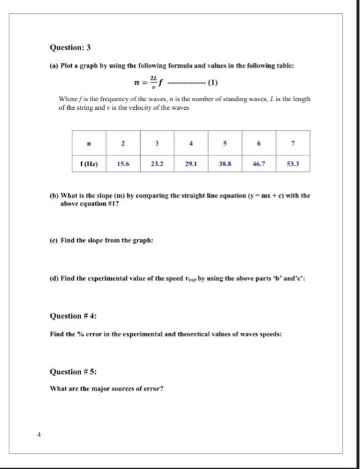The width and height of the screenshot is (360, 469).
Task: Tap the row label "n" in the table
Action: [x=88, y=143]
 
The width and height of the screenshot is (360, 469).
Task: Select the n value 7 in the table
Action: [x=292, y=143]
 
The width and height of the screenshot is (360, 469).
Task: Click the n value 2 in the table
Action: [x=123, y=143]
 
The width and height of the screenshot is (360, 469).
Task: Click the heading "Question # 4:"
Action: [x=78, y=316]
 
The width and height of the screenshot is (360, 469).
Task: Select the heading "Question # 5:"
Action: [x=78, y=372]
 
